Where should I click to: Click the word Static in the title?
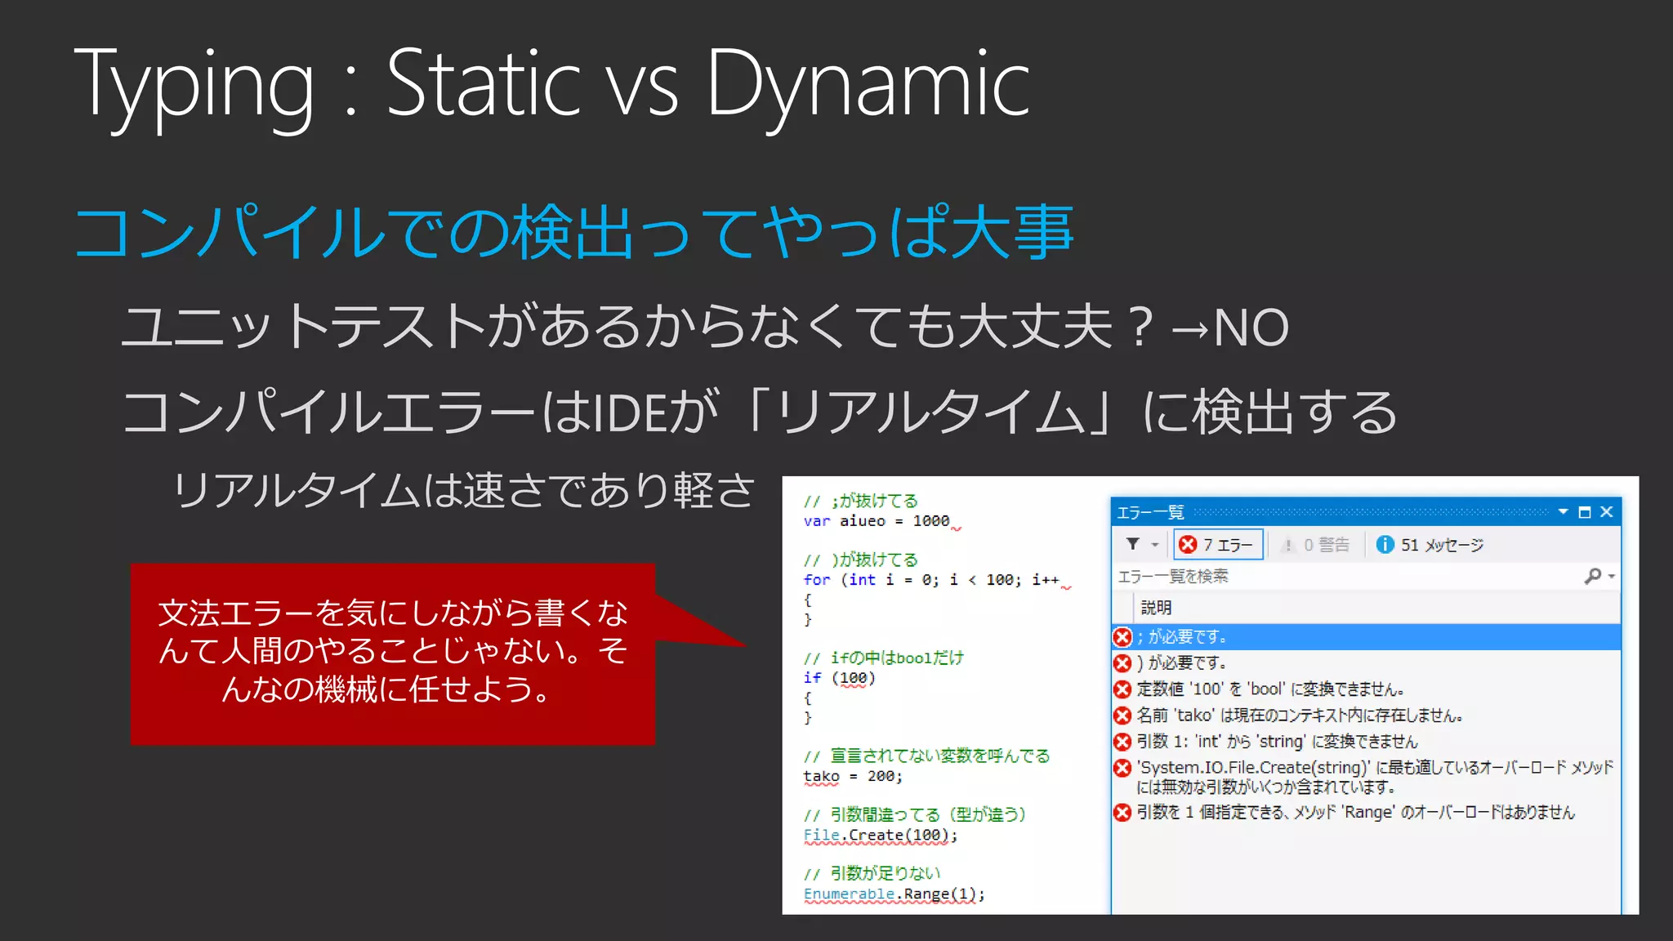(482, 82)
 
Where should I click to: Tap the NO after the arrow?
(1251, 328)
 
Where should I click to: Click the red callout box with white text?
(392, 653)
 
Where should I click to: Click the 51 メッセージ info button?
(1430, 545)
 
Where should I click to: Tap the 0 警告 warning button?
(1316, 545)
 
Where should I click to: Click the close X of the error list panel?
(1606, 512)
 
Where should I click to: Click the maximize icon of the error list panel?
(1584, 512)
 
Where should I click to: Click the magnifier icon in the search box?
(1592, 576)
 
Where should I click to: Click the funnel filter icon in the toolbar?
(1133, 544)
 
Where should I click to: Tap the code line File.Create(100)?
(880, 835)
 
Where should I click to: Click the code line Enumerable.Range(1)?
(894, 894)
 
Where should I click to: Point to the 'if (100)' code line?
(839, 678)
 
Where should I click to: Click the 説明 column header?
(1156, 608)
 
